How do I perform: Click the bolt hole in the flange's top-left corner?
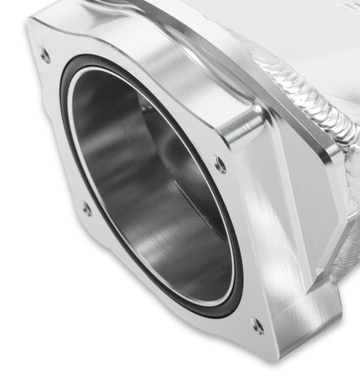(x=45, y=55)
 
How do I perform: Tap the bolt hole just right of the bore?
(x=222, y=164)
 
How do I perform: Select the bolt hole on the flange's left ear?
(x=87, y=208)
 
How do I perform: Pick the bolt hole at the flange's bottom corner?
(x=257, y=326)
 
